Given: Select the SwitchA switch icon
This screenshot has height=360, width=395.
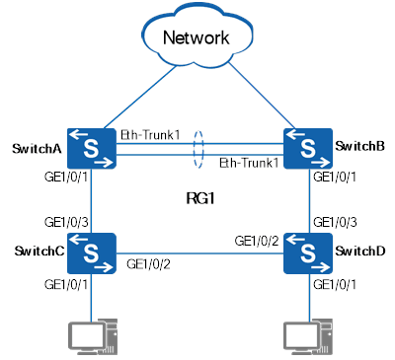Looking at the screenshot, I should pos(92,148).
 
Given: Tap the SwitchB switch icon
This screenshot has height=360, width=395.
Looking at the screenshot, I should pos(308,148).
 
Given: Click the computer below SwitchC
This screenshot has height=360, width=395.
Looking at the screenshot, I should pos(92,336).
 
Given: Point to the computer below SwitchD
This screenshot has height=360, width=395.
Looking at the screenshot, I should pos(308,336).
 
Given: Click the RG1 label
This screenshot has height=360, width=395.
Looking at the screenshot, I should pos(200,198).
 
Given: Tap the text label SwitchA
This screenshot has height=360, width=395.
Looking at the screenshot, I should pos(37,149).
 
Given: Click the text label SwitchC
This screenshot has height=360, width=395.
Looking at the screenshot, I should pos(37,253).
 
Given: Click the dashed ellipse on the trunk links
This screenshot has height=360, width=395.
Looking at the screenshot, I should pos(200,148).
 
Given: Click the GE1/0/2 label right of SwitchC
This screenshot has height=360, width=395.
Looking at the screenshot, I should pos(149,265).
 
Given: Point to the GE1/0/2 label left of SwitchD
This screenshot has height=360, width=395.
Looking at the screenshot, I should pos(255,241).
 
